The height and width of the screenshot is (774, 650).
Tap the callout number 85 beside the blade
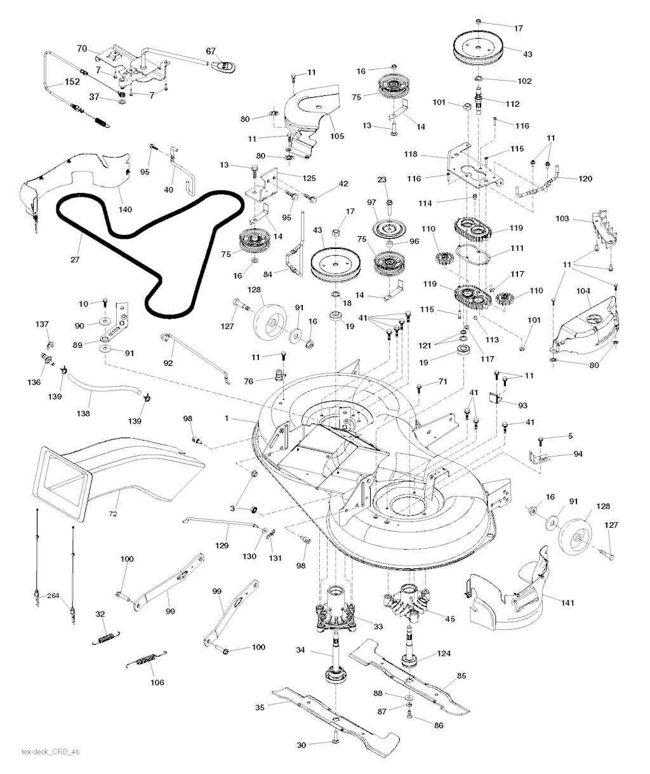[461, 676]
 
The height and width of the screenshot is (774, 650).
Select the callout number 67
[211, 51]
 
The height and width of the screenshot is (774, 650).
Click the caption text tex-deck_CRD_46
[51, 752]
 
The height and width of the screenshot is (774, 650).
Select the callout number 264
[53, 595]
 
